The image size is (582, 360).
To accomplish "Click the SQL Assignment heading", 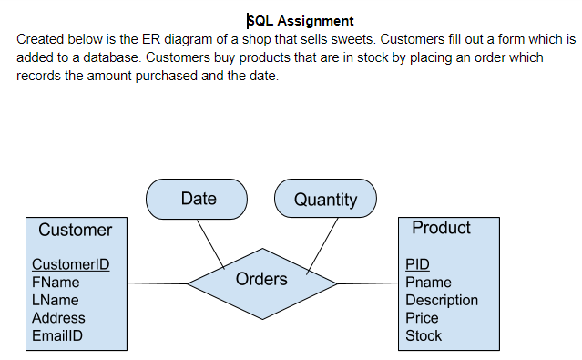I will pos(301,20).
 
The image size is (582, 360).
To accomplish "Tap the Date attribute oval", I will pos(197,199).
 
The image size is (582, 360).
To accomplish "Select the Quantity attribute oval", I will pos(325,200).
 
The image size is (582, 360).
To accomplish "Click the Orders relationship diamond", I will pos(261,279).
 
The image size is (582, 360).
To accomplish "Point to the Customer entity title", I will pos(76,230).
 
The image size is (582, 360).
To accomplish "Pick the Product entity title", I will pos(441,228).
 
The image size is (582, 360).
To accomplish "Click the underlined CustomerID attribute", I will pos(70,265).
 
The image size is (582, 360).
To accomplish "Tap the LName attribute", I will pos(56,300).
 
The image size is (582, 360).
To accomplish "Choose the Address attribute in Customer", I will pos(58,318).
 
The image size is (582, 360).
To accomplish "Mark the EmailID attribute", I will pos(57,335).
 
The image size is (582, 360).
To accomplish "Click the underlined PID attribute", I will pos(417,265).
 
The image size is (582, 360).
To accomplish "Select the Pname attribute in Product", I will pos(428,283).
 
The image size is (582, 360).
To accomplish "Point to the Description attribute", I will pos(441,300).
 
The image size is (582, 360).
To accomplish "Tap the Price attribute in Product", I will pos(422,318).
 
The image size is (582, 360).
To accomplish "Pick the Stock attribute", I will pos(424,335).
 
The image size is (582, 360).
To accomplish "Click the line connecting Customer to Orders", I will pos(157,282).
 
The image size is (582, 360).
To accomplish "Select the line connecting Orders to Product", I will pos(367,283).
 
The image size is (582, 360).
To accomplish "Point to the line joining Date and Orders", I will pos(211,243).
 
